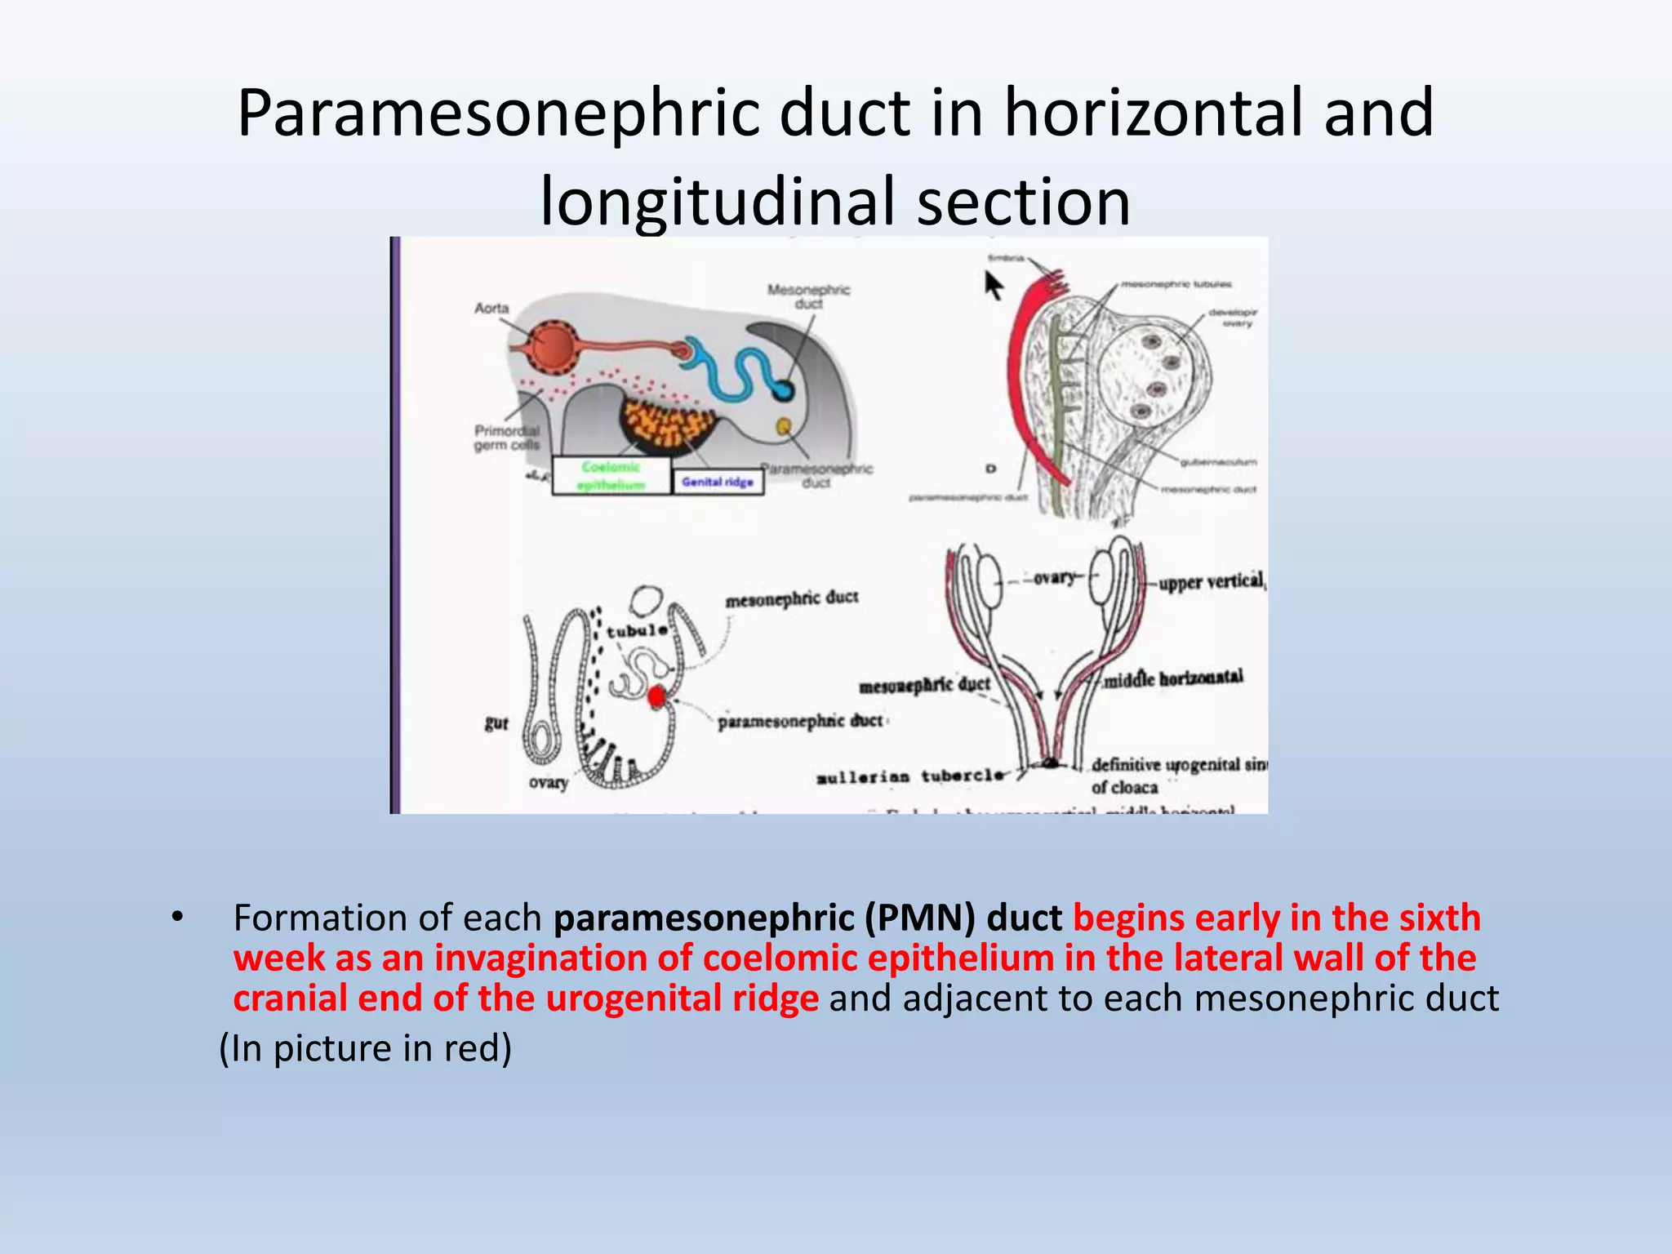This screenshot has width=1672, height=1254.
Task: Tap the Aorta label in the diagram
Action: pos(491,308)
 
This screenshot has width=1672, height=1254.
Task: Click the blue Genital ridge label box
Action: pos(718,482)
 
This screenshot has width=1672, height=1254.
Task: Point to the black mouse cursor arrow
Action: pos(993,286)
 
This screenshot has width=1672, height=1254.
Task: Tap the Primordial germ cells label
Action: pos(507,438)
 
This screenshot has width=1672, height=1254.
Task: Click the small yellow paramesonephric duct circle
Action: pos(783,425)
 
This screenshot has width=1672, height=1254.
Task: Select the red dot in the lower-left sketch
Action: pos(657,697)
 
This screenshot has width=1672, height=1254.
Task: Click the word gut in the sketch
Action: pos(496,723)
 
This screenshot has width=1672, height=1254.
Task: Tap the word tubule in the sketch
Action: pos(636,631)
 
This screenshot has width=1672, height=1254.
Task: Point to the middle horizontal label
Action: pos(1173,678)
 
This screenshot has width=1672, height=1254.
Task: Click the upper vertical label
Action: pos(1211,582)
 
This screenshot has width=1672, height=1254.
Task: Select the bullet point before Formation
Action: pos(176,918)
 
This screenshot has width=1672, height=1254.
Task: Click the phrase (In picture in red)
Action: pos(365,1048)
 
